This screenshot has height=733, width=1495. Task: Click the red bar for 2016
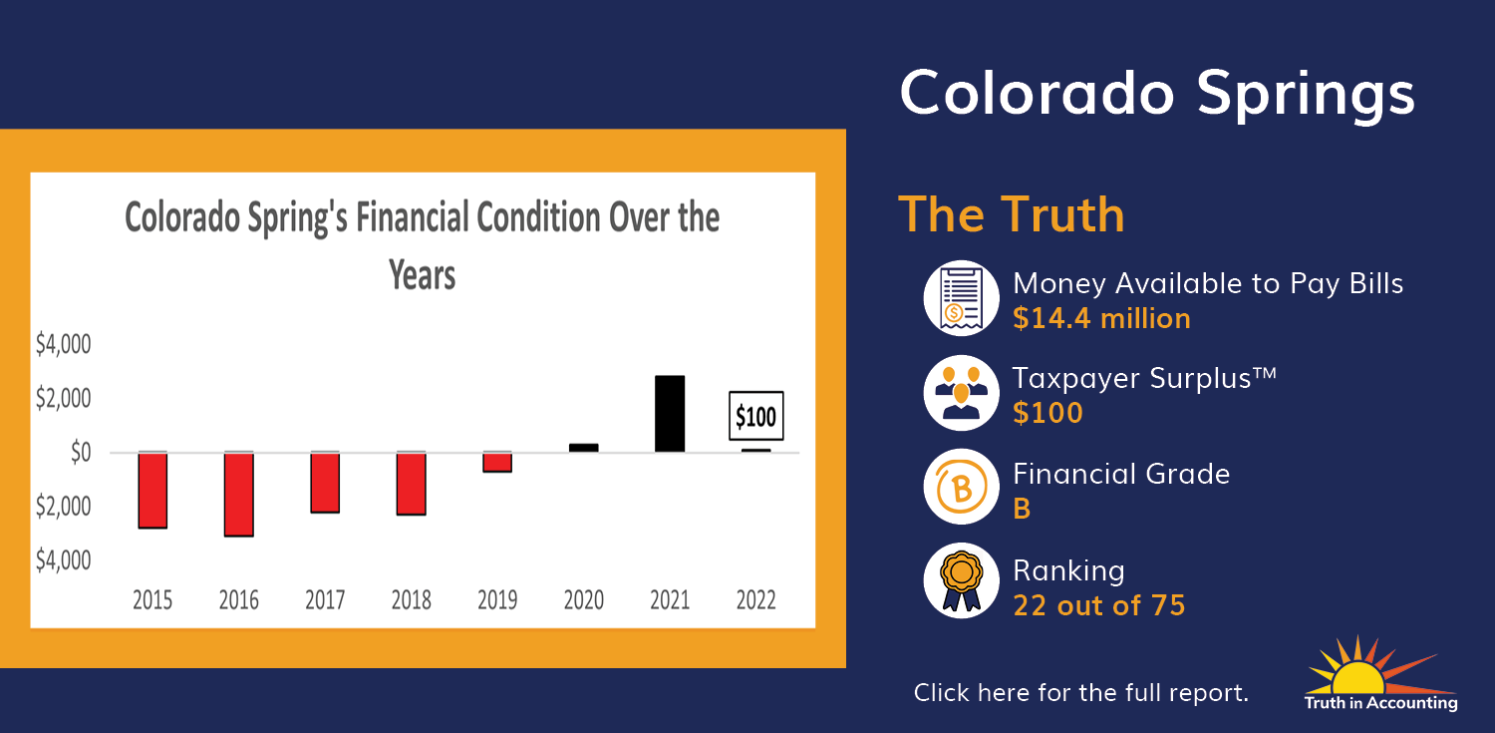tap(239, 494)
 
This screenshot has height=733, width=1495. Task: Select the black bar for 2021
tap(670, 414)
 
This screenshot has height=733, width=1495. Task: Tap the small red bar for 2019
tap(497, 462)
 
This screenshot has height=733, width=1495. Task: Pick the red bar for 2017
tap(325, 483)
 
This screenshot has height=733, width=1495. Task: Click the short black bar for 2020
tap(583, 448)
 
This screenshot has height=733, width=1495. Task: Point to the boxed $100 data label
tap(756, 416)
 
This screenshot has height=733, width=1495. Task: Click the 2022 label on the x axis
tap(756, 600)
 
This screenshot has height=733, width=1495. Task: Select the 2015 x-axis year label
tap(152, 600)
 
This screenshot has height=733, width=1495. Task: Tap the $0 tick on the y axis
tap(81, 453)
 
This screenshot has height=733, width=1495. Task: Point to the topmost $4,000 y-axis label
tap(64, 344)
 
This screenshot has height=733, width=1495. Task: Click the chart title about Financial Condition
tap(423, 245)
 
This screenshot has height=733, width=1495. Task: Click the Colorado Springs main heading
tap(1157, 95)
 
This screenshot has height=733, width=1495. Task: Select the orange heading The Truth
tap(1012, 215)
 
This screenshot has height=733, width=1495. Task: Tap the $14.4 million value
tap(1102, 318)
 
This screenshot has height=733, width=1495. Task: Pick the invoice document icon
tap(961, 298)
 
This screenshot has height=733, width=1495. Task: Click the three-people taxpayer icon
tap(961, 393)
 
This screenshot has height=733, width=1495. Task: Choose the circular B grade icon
tap(961, 487)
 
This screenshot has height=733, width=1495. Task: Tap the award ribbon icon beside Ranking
tap(961, 580)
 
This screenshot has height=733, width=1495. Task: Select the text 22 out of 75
tap(1099, 605)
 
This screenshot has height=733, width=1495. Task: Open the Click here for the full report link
tap(1081, 693)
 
